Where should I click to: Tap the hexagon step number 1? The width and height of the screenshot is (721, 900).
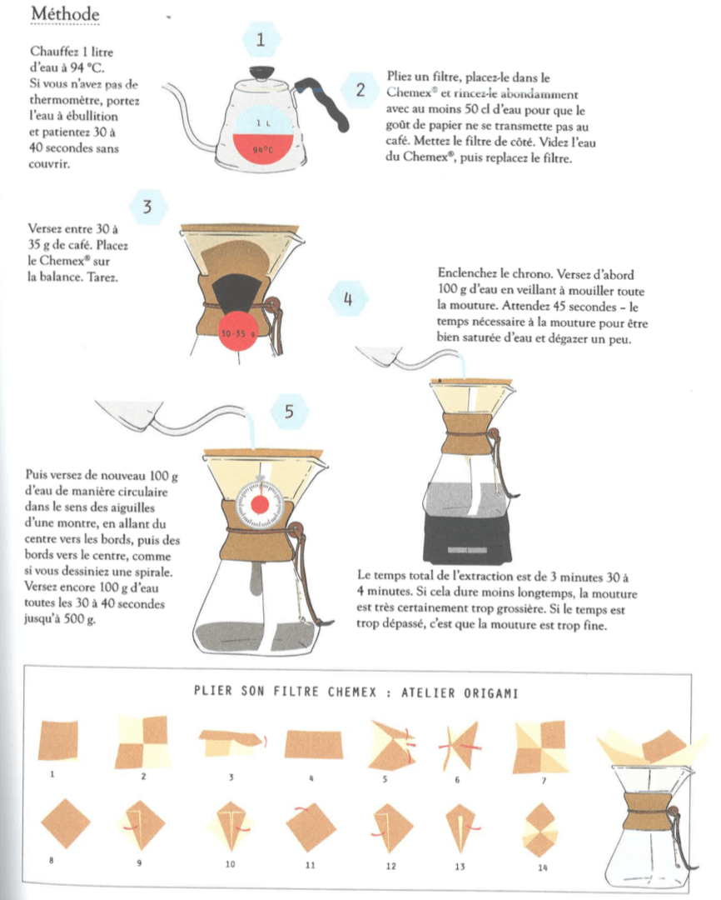[x=262, y=39]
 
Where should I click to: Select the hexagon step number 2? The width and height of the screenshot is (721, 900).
[x=360, y=91]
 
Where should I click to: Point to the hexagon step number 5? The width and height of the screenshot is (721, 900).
[x=288, y=411]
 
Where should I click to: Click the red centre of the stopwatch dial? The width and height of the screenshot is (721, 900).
[x=260, y=504]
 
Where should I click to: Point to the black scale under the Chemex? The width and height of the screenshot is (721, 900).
[x=470, y=537]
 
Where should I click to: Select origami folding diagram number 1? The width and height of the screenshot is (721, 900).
[x=57, y=741]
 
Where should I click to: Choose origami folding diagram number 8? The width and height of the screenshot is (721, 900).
[x=64, y=822]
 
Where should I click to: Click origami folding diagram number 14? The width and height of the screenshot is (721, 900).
[x=543, y=830]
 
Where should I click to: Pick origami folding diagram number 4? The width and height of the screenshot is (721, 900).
[x=313, y=744]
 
